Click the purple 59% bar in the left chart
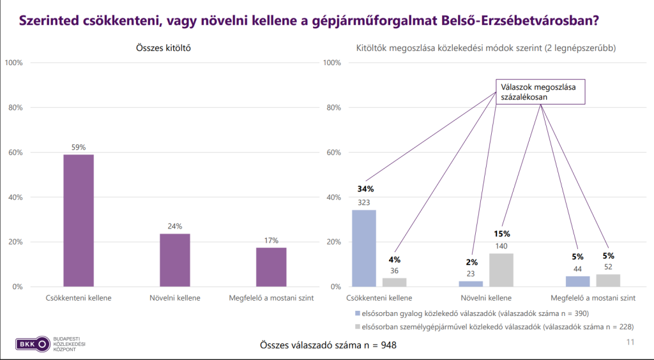point(79,220)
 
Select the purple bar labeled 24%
point(174,260)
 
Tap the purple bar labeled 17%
point(271,267)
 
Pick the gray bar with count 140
point(501,270)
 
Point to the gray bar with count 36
point(395,282)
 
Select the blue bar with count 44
point(578,281)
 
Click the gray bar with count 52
point(608,280)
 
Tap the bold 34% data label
point(365,189)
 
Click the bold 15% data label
point(502,234)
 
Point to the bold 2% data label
point(471,262)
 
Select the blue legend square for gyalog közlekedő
point(356,313)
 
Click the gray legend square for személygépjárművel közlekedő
point(356,326)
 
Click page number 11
point(630,343)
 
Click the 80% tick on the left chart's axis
point(14,107)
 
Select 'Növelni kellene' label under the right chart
point(485,297)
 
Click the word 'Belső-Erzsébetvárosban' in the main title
point(519,20)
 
